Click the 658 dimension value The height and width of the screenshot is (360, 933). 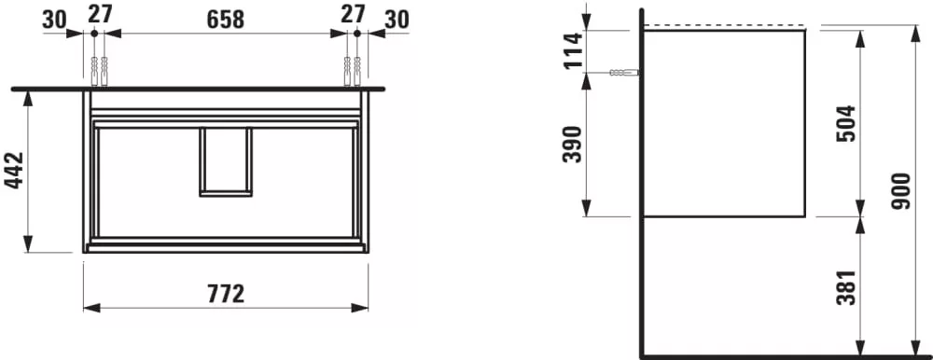226,19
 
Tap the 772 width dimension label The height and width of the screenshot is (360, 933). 226,294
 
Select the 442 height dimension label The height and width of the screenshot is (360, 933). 14,170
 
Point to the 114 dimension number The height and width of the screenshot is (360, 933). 574,51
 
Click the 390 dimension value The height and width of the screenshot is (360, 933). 572,144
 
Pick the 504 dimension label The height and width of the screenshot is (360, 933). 845,123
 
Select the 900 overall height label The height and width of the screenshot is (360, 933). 901,191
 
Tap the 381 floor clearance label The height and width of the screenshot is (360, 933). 845,287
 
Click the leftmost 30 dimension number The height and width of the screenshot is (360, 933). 55,20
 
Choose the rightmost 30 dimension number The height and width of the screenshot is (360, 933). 397,20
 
